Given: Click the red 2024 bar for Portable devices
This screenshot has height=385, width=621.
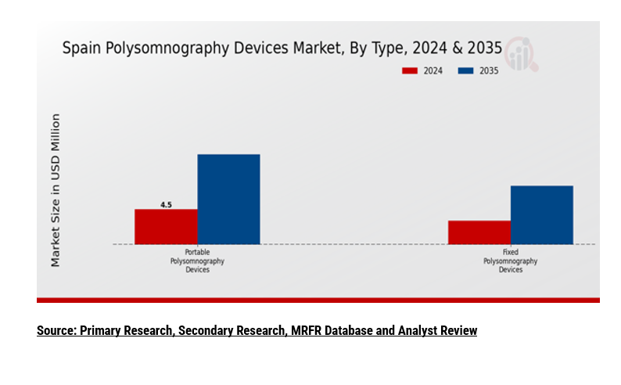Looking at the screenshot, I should [x=166, y=226].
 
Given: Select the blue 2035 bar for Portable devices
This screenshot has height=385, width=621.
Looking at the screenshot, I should [x=228, y=199].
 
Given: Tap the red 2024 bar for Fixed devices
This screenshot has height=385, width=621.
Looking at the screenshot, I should [x=479, y=232].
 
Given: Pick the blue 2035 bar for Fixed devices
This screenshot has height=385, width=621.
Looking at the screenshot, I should [x=541, y=214].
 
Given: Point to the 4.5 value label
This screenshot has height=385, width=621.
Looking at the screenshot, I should [x=166, y=205].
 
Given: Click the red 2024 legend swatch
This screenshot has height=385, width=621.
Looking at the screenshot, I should [x=410, y=71].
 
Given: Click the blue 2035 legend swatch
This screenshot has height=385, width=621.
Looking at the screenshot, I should [x=465, y=71].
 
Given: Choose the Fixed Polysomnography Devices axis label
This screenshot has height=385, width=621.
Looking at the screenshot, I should [x=510, y=261].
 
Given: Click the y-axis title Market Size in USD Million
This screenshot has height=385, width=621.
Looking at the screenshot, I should [x=56, y=190].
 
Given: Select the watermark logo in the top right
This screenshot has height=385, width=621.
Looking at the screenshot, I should [x=520, y=53].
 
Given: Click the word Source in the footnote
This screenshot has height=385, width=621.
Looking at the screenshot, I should [x=55, y=330].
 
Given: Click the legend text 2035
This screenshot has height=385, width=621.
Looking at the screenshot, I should [x=489, y=71].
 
